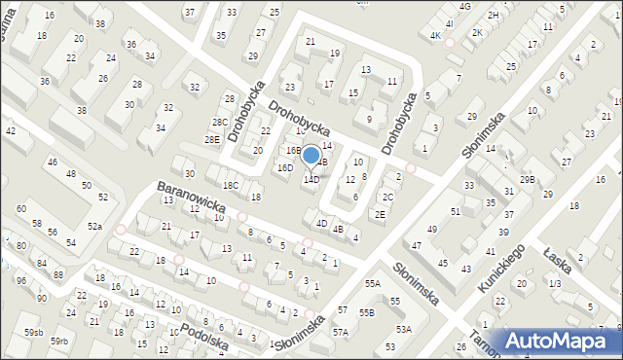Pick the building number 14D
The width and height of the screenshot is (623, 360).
click(311, 180)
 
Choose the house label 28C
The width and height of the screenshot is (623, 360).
click(221, 123)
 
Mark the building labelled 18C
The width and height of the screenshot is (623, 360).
click(231, 185)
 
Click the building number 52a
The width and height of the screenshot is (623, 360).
click(94, 226)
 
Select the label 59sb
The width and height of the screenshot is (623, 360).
click(34, 333)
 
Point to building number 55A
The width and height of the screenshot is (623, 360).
click(372, 283)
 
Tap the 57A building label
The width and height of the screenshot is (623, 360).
click(340, 332)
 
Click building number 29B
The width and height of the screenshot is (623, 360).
click(528, 180)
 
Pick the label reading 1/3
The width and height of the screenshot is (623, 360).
click(554, 283)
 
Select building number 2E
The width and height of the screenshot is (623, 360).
click(380, 214)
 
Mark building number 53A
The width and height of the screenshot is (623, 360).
click(403, 330)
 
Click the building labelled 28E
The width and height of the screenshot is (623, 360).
click(211, 140)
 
